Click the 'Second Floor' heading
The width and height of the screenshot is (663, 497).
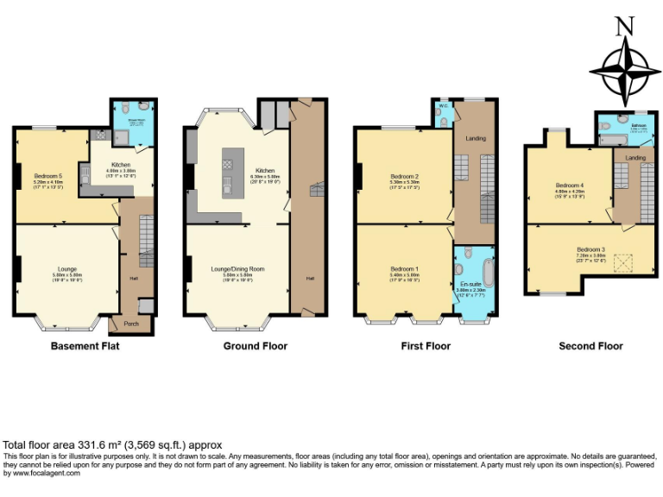click(590, 346)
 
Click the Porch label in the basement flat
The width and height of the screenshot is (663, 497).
click(131, 324)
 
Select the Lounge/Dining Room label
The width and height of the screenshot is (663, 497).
click(237, 269)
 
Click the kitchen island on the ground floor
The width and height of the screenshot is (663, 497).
click(228, 173)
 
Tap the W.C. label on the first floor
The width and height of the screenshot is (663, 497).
click(442, 106)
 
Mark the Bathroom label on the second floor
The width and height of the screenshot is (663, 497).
click(638, 125)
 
